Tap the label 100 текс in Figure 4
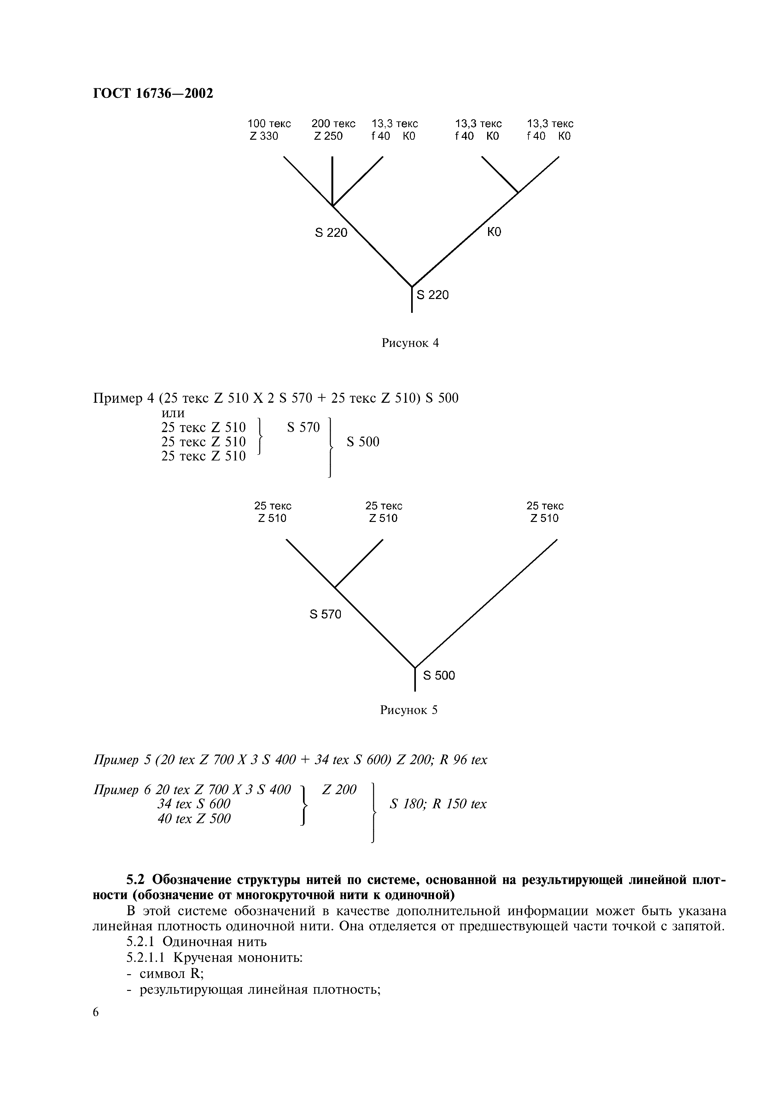[269, 124]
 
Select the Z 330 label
[264, 136]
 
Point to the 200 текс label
[333, 124]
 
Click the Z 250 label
[329, 136]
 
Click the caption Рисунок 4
[410, 343]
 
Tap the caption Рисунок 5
[409, 710]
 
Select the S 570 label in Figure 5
[325, 614]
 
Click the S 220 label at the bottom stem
[432, 295]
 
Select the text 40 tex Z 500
[194, 819]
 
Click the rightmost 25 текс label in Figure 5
[545, 506]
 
